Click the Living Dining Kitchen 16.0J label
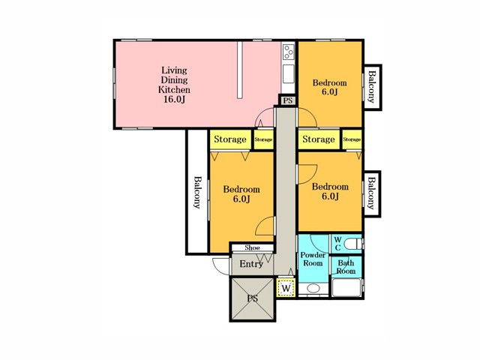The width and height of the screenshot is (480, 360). tap(174, 85)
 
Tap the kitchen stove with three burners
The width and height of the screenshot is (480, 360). tap(288, 52)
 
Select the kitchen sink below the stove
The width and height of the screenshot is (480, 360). tap(288, 73)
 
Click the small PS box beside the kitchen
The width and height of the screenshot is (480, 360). tap(287, 100)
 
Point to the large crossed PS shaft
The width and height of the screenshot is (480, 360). tap(253, 298)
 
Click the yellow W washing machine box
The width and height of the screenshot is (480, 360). tap(286, 288)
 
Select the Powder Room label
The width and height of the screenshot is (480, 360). tap(313, 259)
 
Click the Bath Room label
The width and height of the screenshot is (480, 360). tap(346, 267)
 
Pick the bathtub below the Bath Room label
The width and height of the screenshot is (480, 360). tap(346, 287)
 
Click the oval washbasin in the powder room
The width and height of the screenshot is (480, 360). tap(313, 288)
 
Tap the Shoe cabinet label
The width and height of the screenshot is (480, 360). tap(252, 247)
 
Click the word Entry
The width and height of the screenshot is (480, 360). tap(251, 264)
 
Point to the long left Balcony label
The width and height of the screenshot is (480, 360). tap(197, 192)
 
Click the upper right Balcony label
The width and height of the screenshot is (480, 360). tap(372, 87)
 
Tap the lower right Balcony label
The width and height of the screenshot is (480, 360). tap(371, 193)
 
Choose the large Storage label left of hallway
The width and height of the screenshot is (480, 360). tap(230, 139)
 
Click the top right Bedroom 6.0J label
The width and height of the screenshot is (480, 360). tap(330, 87)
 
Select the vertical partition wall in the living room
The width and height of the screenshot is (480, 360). tap(240, 70)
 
